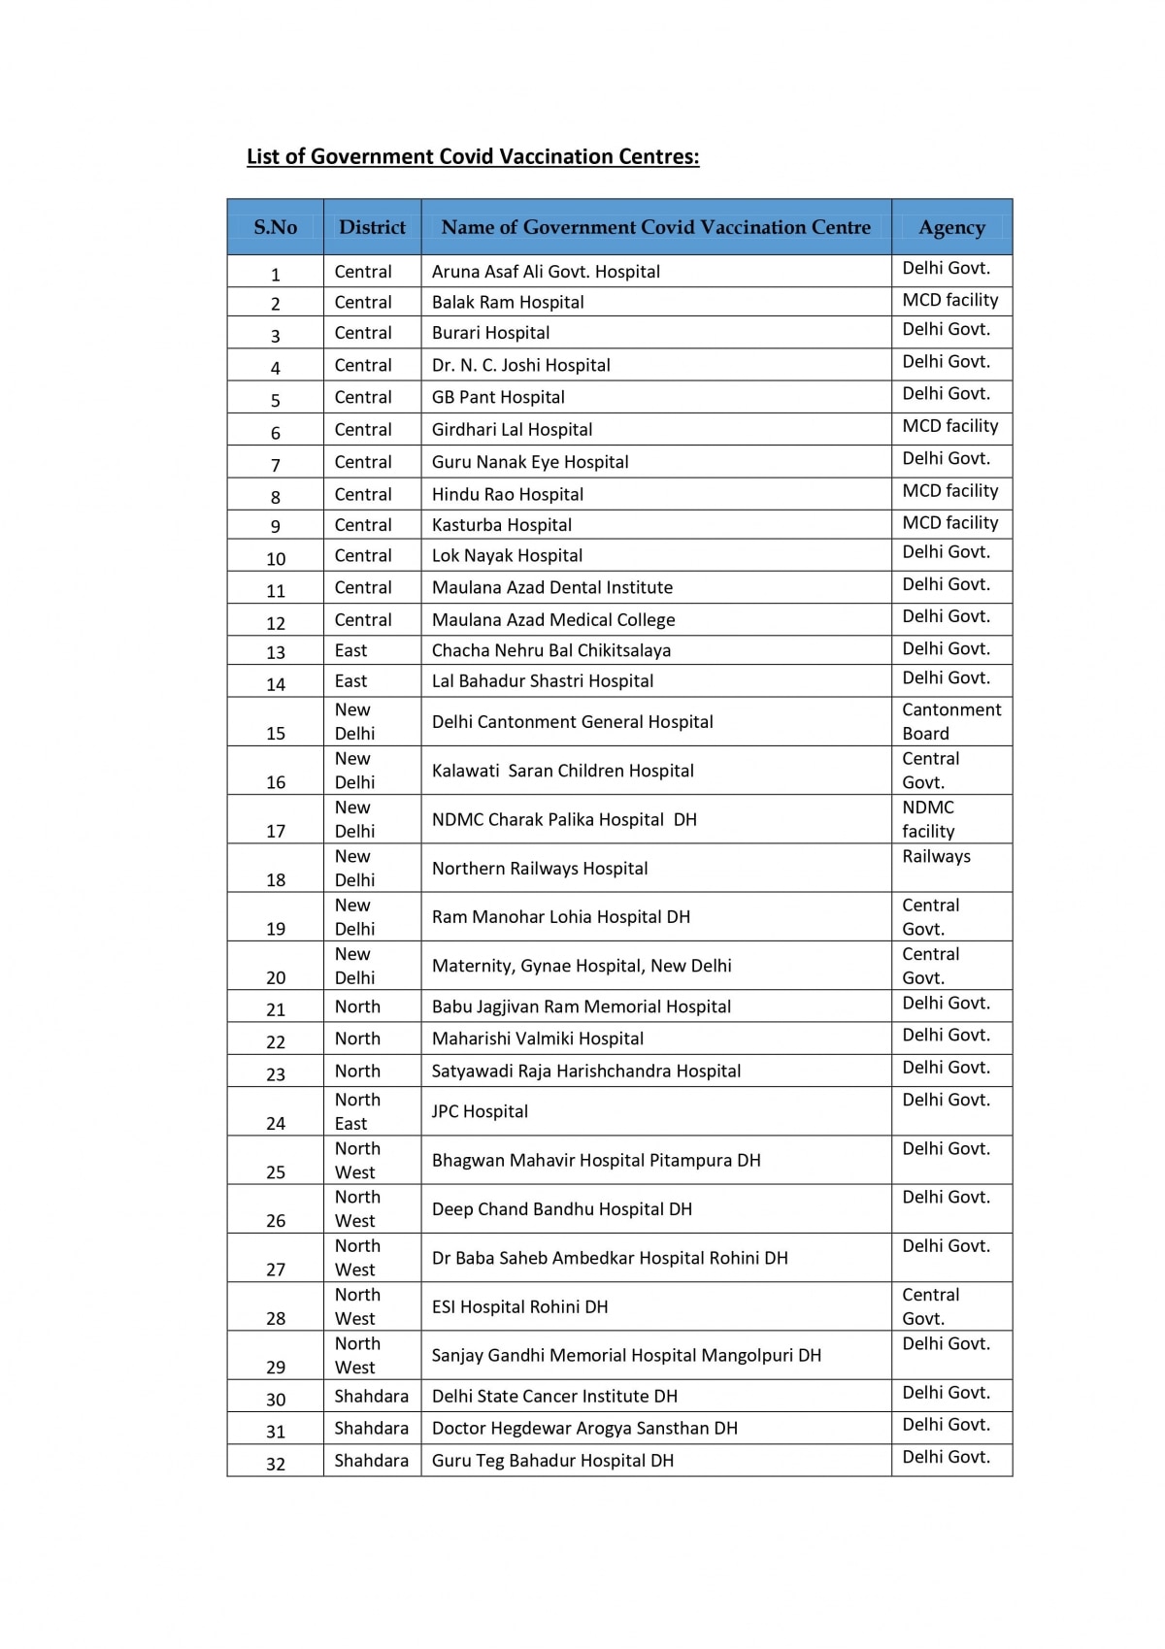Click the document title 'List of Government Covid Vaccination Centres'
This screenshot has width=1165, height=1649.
coord(473,156)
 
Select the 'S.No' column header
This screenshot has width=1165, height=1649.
coord(275,227)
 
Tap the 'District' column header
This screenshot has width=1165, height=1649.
coord(372,227)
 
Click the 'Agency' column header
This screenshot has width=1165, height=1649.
coord(951,227)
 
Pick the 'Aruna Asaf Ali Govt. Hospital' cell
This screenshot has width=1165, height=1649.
coord(546,272)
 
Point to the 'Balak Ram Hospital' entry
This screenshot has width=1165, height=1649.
coord(508,302)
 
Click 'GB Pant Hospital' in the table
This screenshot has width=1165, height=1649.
coord(498,397)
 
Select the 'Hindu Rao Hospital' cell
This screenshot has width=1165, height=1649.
coord(508,494)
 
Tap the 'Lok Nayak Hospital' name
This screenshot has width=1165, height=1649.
coord(507,555)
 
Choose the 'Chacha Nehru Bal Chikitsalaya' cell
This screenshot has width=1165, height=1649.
coord(551,650)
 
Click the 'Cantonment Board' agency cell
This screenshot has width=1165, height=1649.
coord(950,721)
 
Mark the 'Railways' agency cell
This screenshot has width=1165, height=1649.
coord(936,857)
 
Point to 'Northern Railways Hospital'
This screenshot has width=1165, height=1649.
coord(540,869)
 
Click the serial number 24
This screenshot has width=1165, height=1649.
coord(276,1123)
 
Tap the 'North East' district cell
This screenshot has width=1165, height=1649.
coord(357,1111)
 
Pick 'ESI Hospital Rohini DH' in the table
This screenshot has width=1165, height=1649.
coord(519,1306)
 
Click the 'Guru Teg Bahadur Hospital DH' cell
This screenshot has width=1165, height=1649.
coord(552,1461)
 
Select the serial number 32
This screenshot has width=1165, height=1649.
coord(276,1464)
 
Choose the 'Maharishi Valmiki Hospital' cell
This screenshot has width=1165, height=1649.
coord(538,1039)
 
